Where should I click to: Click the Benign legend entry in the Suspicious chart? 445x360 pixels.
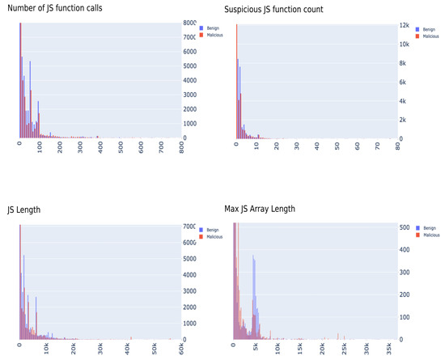[430, 28]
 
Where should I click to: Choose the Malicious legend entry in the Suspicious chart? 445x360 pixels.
[431, 36]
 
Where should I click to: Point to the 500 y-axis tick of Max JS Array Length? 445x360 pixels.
[405, 228]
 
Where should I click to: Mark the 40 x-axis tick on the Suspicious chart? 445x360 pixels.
[316, 148]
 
